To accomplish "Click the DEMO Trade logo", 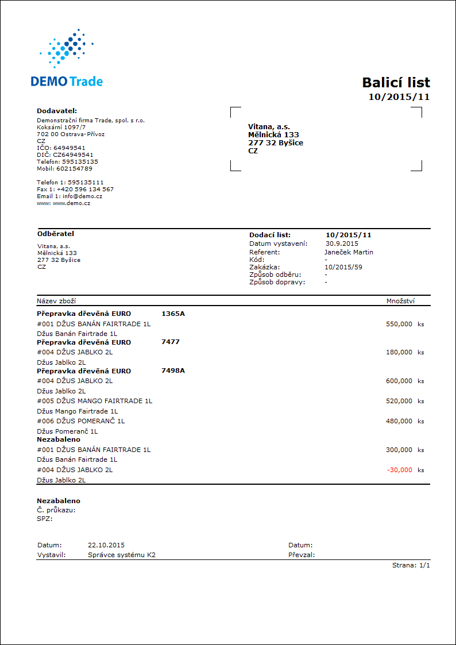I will pyautogui.click(x=67, y=60).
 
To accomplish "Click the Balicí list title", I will pyautogui.click(x=396, y=82).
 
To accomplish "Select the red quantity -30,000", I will pyautogui.click(x=400, y=470).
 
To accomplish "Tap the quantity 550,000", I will pyautogui.click(x=400, y=324).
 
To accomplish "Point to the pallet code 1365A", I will pyautogui.click(x=173, y=314).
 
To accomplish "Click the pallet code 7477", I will pyautogui.click(x=171, y=342).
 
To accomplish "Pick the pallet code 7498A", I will pyautogui.click(x=173, y=370).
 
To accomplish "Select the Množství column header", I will pyautogui.click(x=401, y=301).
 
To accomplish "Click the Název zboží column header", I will pyautogui.click(x=56, y=301).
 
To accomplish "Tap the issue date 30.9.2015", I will pyautogui.click(x=342, y=244).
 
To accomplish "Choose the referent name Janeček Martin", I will pyautogui.click(x=349, y=252).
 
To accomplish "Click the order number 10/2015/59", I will pyautogui.click(x=343, y=267).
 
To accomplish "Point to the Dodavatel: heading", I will pyautogui.click(x=57, y=111).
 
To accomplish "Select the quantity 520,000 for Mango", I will pyautogui.click(x=400, y=401).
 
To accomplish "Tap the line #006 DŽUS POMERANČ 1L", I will pyautogui.click(x=80, y=421).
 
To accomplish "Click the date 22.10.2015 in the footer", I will pyautogui.click(x=106, y=545).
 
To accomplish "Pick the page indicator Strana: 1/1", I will pyautogui.click(x=411, y=566).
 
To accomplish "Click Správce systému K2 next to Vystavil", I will pyautogui.click(x=122, y=555).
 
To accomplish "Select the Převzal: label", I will pyautogui.click(x=302, y=555).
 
